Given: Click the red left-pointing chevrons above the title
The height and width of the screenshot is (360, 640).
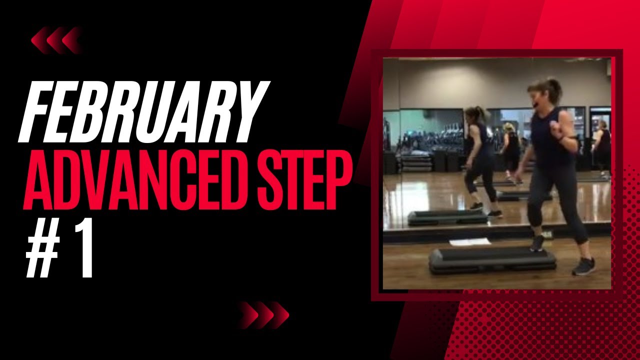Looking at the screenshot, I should pyautogui.click(x=56, y=40).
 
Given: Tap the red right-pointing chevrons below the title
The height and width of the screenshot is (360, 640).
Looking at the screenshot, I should pyautogui.click(x=263, y=315).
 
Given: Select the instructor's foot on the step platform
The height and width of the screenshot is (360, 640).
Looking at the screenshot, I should pyautogui.click(x=537, y=244).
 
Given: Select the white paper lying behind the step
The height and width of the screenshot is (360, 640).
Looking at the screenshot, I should pyautogui.click(x=470, y=242).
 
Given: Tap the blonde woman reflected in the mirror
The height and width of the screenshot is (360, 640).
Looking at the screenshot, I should pyautogui.click(x=510, y=147).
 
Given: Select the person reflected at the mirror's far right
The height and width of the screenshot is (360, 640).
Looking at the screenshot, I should pyautogui.click(x=601, y=145).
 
